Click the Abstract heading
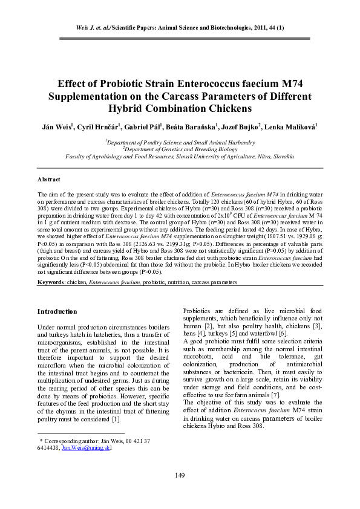tap(48, 180)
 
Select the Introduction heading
tap(57, 311)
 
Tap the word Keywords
tap(51, 282)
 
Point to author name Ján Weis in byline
tap(56, 128)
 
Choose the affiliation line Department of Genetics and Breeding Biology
tap(180, 149)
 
